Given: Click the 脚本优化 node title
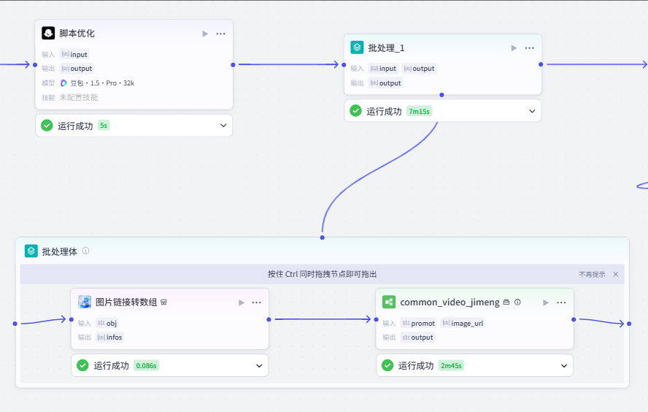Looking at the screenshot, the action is click(77, 34).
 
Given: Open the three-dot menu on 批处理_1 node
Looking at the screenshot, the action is click(529, 48).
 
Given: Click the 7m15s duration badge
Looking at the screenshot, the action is click(419, 111).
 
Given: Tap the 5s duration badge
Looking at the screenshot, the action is click(104, 126).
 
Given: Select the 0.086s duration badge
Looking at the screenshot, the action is click(146, 366).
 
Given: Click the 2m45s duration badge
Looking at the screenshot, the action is click(451, 366).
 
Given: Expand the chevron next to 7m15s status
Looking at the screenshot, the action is click(532, 111).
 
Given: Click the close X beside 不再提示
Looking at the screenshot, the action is click(616, 274).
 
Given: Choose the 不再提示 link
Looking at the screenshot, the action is click(592, 274).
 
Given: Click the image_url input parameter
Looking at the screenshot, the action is click(463, 323).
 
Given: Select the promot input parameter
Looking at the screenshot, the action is click(418, 323).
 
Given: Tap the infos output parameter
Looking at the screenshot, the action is click(109, 337).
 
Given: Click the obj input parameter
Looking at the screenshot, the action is click(107, 323).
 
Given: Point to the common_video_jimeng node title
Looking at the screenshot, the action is click(450, 302).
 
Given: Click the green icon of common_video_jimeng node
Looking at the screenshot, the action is click(389, 302).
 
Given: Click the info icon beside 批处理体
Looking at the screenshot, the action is click(85, 251).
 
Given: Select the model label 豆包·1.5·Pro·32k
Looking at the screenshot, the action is click(98, 83).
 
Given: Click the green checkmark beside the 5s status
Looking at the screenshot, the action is click(47, 126).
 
